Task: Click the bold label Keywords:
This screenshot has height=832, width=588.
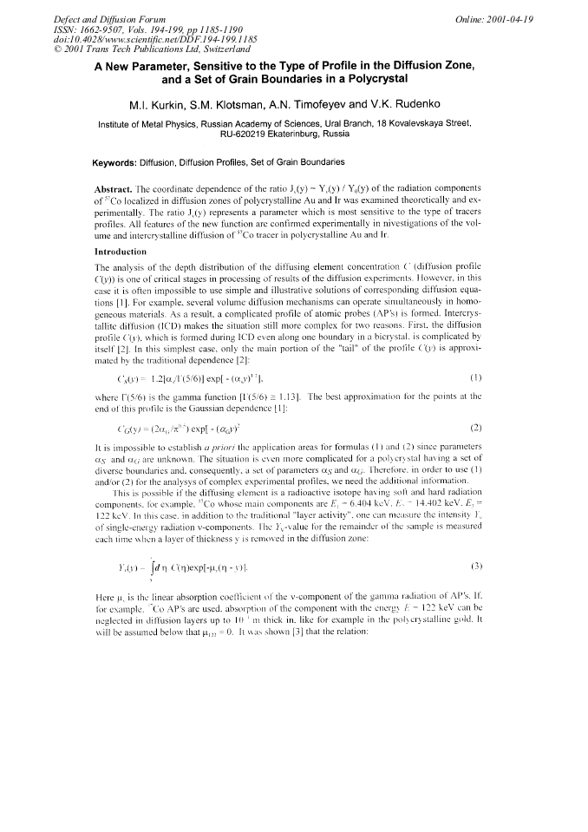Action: (120, 162)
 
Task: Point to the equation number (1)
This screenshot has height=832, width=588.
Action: (475, 377)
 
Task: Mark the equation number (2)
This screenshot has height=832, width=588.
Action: (475, 427)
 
